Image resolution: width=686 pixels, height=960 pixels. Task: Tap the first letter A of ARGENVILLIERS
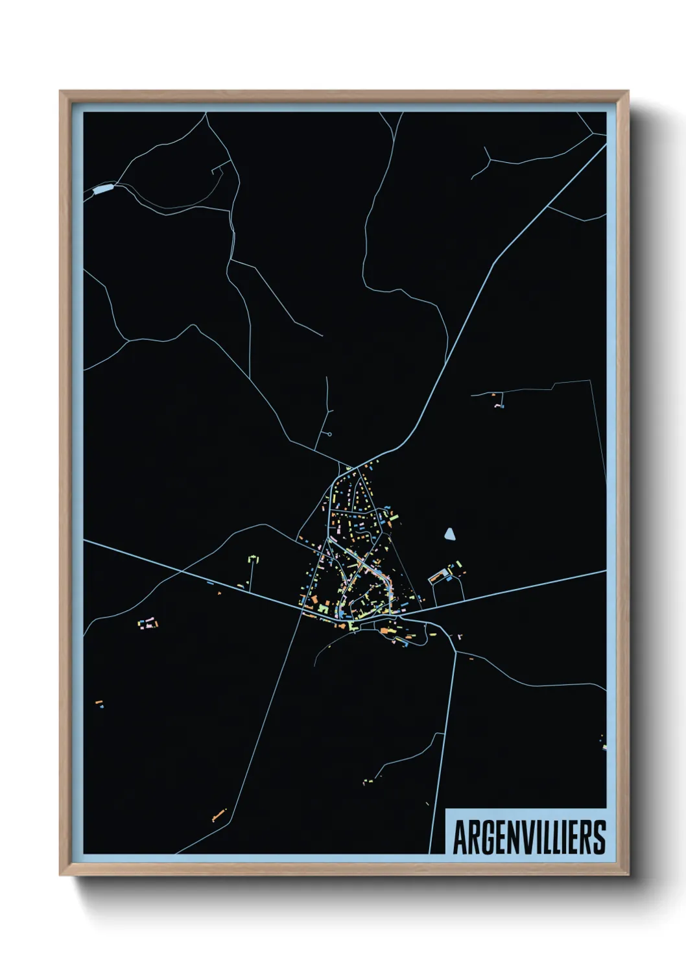[460, 837]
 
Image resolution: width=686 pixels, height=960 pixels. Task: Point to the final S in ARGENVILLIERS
[599, 837]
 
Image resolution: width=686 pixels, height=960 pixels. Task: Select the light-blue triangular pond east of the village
[449, 534]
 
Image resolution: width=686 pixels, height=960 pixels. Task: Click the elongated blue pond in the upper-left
[103, 190]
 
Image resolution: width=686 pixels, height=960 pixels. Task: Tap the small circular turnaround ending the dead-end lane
[330, 433]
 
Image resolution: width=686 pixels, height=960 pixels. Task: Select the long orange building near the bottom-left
[219, 815]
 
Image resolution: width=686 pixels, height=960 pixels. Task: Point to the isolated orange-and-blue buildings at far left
[99, 704]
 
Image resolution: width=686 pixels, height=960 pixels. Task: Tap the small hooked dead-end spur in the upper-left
[217, 171]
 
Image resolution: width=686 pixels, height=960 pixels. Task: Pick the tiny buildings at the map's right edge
[604, 743]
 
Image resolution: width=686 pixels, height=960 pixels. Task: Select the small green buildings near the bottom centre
[368, 782]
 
